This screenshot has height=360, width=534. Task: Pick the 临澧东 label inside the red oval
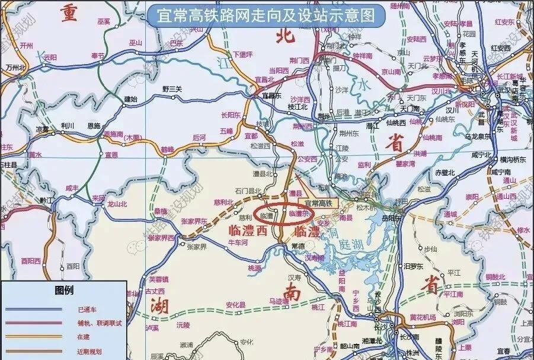coord(299,214)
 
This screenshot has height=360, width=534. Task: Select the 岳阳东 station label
coord(408,218)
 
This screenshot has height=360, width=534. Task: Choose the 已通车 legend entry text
coord(87,310)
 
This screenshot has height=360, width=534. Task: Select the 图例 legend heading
coord(63,291)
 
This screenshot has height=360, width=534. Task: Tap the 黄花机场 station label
coord(422,316)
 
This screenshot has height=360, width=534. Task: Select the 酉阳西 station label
coord(28,260)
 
